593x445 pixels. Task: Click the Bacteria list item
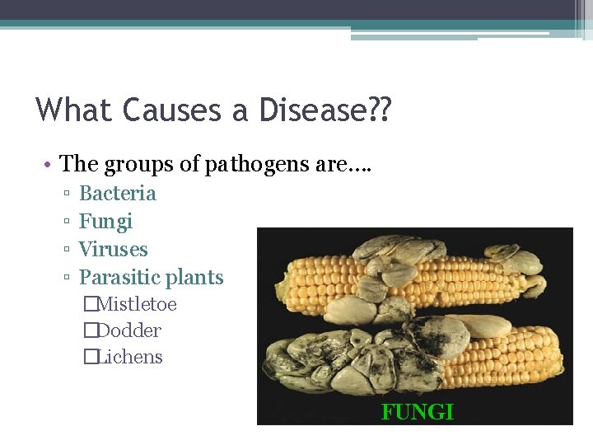(x=117, y=194)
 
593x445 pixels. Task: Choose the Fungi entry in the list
(x=105, y=222)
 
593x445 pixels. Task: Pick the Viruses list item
(x=113, y=250)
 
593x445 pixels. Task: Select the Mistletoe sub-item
(x=136, y=304)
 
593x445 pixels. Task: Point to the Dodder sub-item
(x=128, y=330)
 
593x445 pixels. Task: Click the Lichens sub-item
(x=129, y=357)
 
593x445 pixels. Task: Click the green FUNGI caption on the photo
(x=417, y=412)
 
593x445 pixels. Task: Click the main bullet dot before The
(x=49, y=165)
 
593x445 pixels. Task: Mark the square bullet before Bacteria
(x=64, y=194)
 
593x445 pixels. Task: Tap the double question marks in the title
(x=381, y=109)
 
